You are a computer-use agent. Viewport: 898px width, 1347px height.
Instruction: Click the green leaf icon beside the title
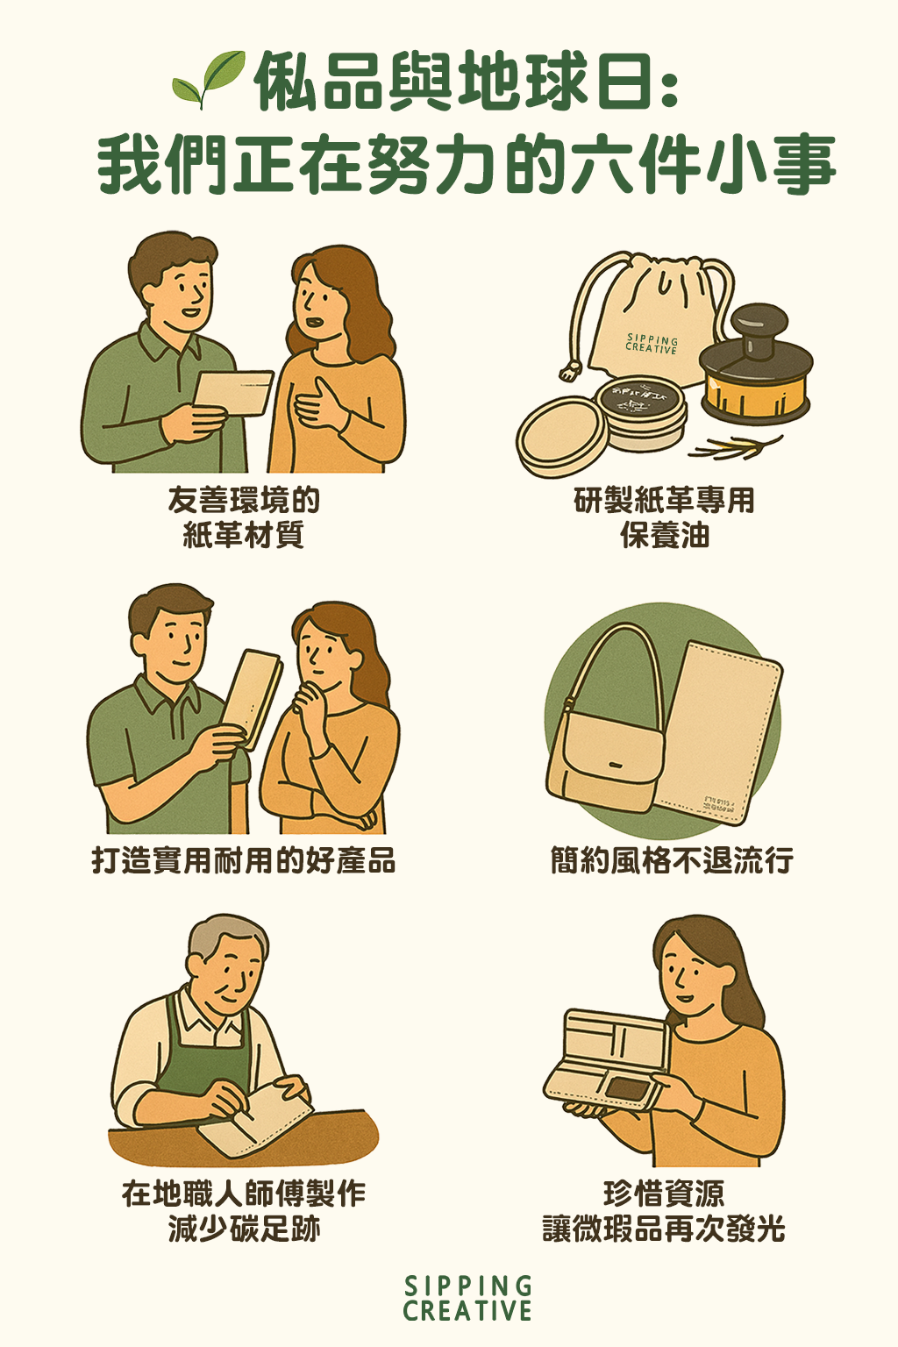coord(209,79)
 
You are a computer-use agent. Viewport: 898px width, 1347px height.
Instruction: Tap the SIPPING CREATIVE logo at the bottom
coord(467,1299)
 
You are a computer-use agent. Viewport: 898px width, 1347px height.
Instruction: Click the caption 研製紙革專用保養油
coord(664,517)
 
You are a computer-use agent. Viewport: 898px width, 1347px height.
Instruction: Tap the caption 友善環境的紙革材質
coord(244,517)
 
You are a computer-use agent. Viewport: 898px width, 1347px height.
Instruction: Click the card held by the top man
coord(232,393)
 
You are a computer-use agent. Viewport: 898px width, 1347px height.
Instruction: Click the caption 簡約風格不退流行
coord(671,860)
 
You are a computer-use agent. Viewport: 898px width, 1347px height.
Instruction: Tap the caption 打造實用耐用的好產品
coord(244,860)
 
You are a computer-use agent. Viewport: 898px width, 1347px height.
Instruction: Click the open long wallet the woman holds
coord(609,1061)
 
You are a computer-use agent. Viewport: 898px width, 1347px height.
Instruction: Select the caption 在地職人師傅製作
coord(244,1194)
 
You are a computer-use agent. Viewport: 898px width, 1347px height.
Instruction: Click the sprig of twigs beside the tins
coord(737,447)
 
